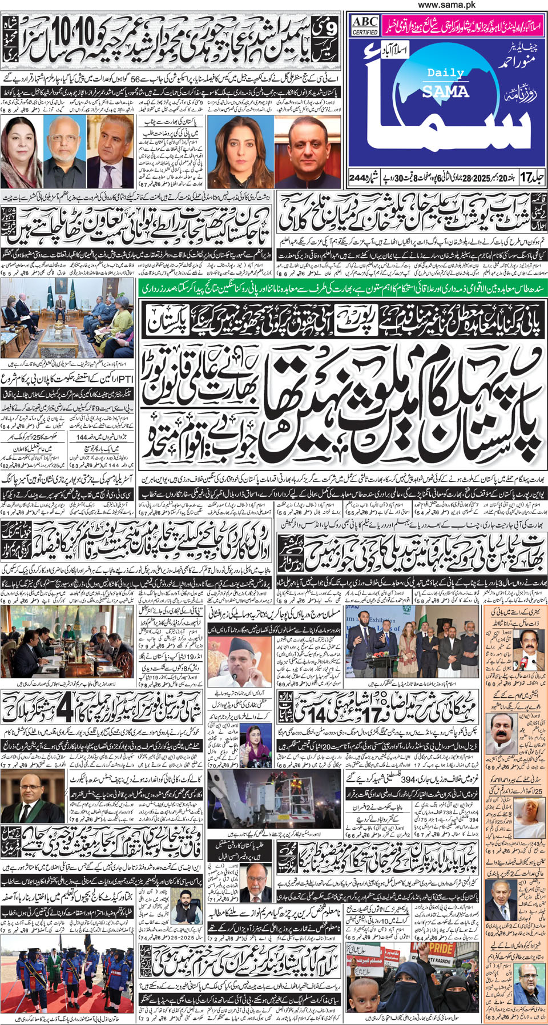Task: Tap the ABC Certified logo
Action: pyautogui.click(x=365, y=25)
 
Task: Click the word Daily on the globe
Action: pyautogui.click(x=445, y=73)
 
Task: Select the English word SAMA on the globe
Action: pyautogui.click(x=445, y=91)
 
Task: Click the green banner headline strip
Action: pyautogui.click(x=342, y=289)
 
